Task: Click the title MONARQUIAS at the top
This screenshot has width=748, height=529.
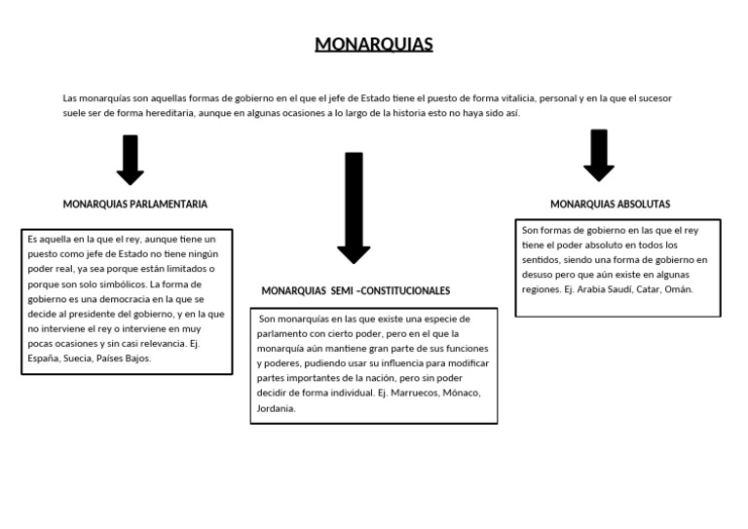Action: [374, 45]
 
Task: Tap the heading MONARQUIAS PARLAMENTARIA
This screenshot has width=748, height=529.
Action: [135, 205]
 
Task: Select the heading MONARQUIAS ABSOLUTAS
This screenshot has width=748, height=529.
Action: [610, 205]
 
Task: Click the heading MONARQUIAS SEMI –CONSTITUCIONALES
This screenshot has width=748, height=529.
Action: [355, 290]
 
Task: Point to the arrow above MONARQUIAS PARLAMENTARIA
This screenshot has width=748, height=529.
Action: [131, 160]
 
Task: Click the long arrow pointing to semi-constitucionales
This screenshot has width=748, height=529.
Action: [354, 208]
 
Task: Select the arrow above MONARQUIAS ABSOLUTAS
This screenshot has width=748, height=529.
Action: [599, 155]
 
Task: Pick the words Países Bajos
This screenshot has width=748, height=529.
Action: [130, 359]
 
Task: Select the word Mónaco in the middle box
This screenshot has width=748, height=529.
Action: [464, 393]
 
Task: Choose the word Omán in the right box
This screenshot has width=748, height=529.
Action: [680, 290]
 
